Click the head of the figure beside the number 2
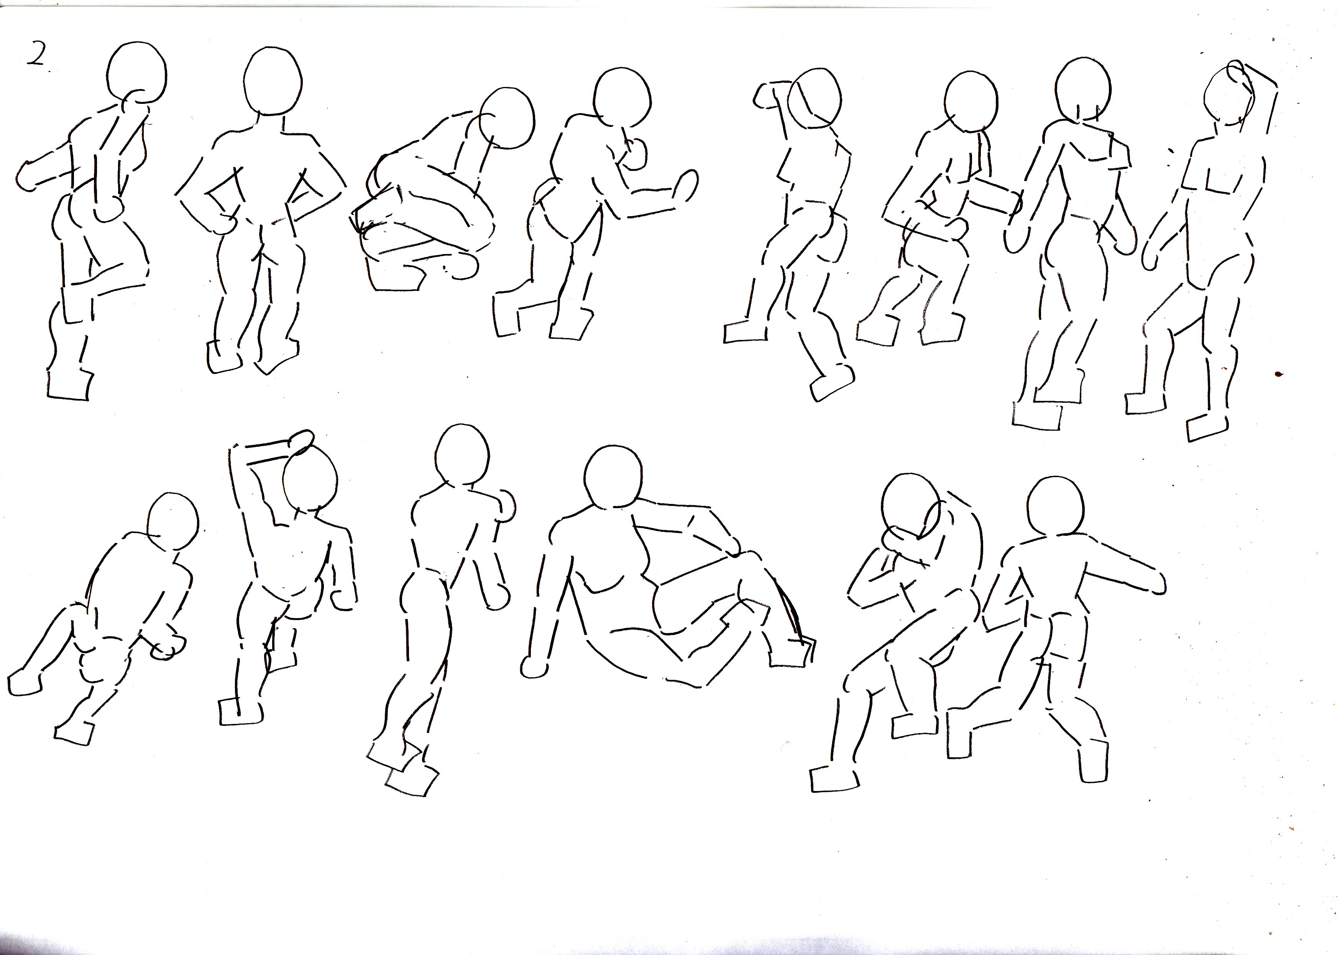pos(138,74)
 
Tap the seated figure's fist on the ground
pos(534,666)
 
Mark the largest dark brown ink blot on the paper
pos(1278,374)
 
